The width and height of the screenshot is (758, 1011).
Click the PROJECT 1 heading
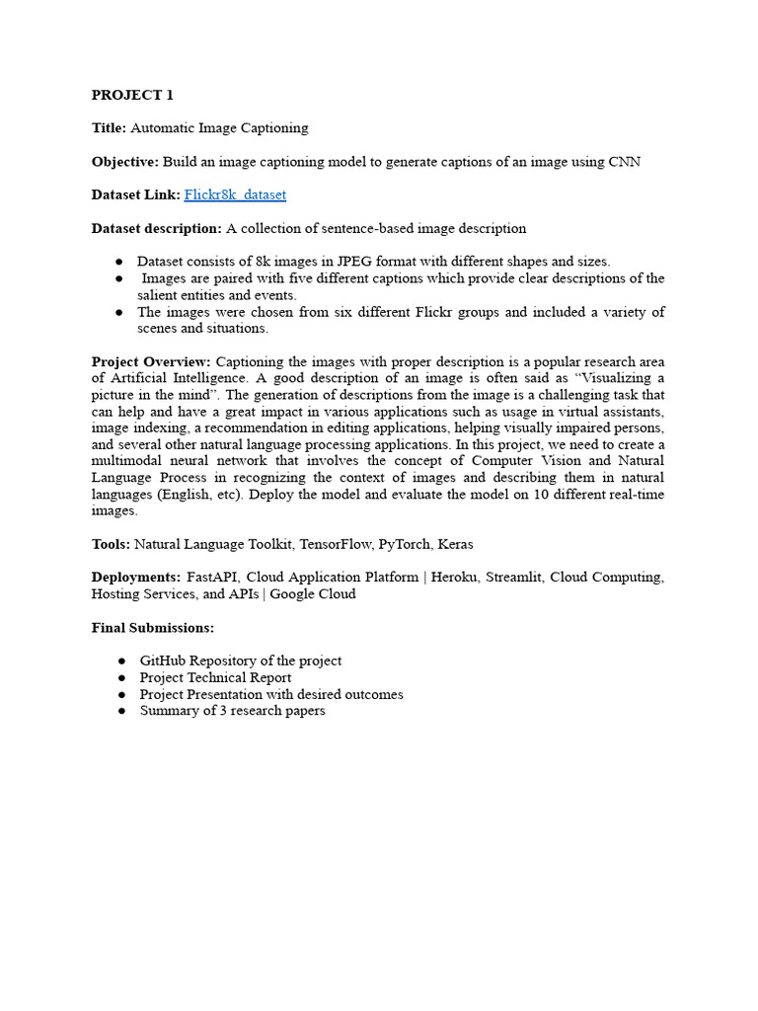(x=132, y=95)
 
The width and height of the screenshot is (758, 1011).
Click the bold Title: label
(x=109, y=127)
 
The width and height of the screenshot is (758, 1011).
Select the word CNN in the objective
(x=624, y=161)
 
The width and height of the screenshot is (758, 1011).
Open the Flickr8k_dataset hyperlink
(x=235, y=194)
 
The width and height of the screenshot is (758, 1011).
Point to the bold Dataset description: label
(x=157, y=228)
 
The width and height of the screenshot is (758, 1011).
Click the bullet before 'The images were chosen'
(x=118, y=312)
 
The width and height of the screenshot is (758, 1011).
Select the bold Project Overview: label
(x=151, y=362)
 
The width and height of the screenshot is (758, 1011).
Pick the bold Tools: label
(x=111, y=544)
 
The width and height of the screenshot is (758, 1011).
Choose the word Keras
(x=455, y=544)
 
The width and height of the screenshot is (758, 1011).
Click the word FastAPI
(x=212, y=578)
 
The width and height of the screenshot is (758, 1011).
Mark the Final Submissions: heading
(x=153, y=628)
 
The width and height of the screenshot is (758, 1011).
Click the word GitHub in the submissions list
(x=165, y=661)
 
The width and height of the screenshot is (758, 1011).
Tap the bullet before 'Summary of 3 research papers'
(x=118, y=711)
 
